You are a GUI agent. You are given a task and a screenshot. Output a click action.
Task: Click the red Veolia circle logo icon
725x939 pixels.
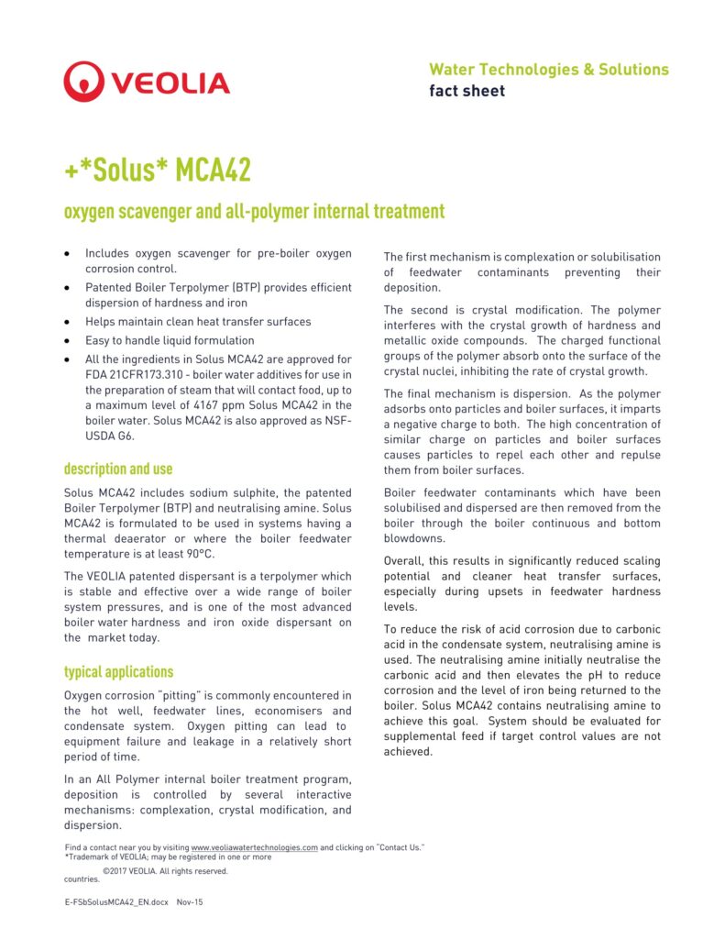click(83, 82)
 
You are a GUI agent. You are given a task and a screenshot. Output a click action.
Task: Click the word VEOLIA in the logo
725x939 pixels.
click(170, 83)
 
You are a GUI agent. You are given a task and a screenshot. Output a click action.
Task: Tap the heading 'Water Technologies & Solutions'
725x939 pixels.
click(548, 70)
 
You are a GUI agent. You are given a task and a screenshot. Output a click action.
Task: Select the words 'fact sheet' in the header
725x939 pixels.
click(467, 91)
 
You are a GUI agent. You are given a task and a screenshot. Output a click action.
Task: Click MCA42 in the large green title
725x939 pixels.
click(213, 170)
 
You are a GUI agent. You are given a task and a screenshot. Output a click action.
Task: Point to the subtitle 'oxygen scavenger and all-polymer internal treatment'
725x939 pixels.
click(254, 212)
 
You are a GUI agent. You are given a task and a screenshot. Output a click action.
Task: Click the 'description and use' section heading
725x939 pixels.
click(118, 469)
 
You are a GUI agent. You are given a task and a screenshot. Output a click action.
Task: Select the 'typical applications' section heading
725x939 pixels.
click(118, 671)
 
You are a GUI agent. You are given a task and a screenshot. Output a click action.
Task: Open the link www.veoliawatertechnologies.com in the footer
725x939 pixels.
click(254, 847)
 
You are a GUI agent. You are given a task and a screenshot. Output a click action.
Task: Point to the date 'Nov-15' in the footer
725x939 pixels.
click(190, 902)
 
